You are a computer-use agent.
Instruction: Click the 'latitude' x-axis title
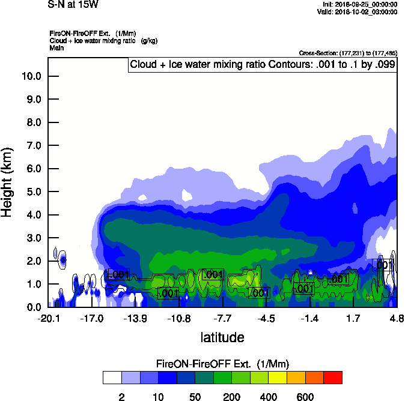pyautogui.click(x=222, y=337)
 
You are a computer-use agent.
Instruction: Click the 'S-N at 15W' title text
pyautogui.click(x=73, y=5)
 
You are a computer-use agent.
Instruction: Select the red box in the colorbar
pyautogui.click(x=333, y=378)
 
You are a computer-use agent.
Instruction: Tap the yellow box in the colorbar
pyautogui.click(x=278, y=378)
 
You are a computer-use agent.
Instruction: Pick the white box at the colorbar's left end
pyautogui.click(x=112, y=378)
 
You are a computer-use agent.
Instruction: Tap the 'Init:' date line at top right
pyautogui.click(x=359, y=4)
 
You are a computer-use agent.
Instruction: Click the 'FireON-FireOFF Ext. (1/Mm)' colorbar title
pyautogui.click(x=223, y=364)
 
